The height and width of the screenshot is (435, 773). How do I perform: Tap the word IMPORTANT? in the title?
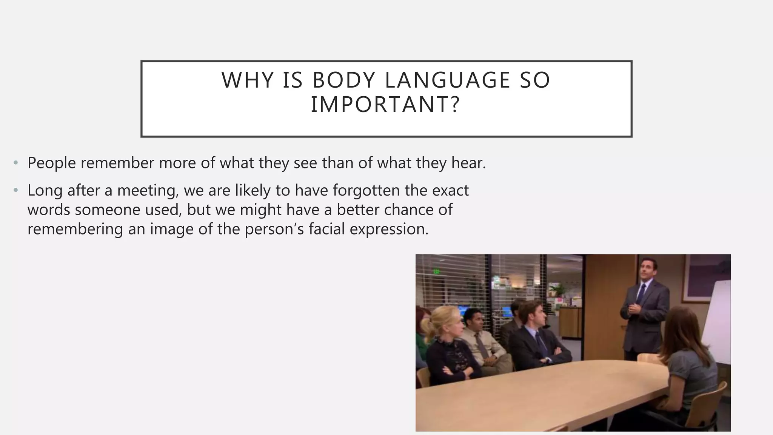pyautogui.click(x=385, y=105)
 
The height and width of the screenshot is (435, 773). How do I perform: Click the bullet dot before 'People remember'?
pyautogui.click(x=15, y=163)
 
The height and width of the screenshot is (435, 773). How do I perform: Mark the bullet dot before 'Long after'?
pyautogui.click(x=15, y=190)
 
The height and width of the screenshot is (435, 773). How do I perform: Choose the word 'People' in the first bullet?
pyautogui.click(x=52, y=163)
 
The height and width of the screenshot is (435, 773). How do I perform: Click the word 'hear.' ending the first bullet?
pyautogui.click(x=468, y=163)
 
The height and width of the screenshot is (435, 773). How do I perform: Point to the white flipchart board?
pyautogui.click(x=717, y=321)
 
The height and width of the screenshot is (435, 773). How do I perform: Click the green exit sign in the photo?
pyautogui.click(x=437, y=271)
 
